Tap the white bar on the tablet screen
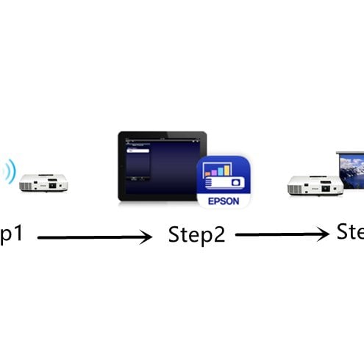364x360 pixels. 138,150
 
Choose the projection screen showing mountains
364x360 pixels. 349,174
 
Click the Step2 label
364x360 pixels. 196,235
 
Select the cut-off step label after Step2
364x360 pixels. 351,233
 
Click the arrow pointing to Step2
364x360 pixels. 93,237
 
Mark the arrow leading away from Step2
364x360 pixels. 282,234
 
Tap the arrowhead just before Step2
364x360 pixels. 147,237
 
